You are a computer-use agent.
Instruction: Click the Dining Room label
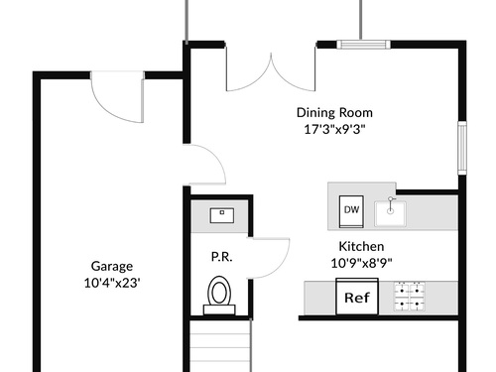(x=334, y=113)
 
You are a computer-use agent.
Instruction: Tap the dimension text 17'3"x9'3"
(x=334, y=129)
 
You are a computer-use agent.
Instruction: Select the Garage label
(x=112, y=267)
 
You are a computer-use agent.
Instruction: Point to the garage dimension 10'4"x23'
(x=112, y=283)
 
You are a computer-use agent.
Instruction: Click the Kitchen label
(x=361, y=247)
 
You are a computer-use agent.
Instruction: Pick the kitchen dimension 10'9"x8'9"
(x=361, y=263)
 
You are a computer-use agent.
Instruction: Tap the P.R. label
(x=222, y=257)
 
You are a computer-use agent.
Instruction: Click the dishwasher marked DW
(x=351, y=211)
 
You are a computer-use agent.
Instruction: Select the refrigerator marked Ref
(x=357, y=297)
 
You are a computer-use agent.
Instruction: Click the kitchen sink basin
(x=390, y=214)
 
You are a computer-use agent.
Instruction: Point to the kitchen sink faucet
(x=391, y=204)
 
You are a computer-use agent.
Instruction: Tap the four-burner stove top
(x=410, y=297)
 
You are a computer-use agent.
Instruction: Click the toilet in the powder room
(x=219, y=296)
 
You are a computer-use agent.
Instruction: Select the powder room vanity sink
(x=222, y=215)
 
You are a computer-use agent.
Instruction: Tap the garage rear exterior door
(x=117, y=96)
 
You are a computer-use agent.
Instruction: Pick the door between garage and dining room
(x=205, y=165)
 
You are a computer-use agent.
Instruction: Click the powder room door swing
(x=269, y=258)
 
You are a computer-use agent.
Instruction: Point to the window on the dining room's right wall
(x=462, y=148)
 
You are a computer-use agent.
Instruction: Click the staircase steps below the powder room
(x=220, y=346)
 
